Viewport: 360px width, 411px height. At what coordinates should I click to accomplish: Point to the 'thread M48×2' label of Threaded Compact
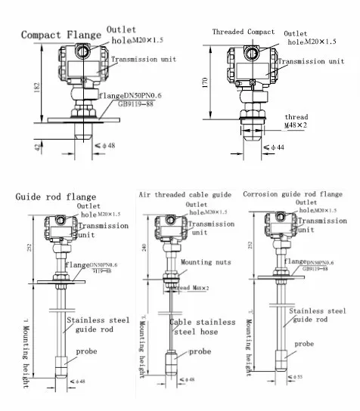point(296,121)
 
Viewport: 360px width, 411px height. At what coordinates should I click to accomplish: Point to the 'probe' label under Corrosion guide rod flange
point(304,344)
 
